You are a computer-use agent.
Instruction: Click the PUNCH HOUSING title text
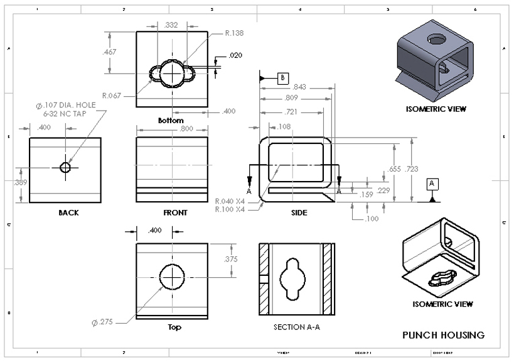[x=443, y=335]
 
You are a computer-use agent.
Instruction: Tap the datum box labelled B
[x=283, y=77]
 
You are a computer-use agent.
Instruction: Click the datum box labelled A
[x=432, y=184]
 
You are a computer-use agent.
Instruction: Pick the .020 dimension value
[x=235, y=56]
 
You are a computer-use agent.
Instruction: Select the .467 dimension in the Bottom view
[x=109, y=52]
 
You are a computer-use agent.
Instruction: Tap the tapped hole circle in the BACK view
[x=65, y=167]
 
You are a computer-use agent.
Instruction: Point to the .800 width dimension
[x=169, y=129]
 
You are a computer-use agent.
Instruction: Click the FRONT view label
[x=175, y=213]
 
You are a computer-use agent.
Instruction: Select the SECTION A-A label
[x=294, y=327]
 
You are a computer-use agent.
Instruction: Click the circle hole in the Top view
[x=171, y=275]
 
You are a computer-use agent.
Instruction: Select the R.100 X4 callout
[x=229, y=208]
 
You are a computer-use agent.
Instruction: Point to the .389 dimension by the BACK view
[x=19, y=183]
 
